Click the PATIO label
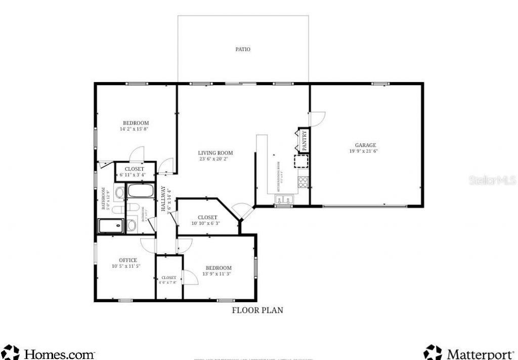point(243,50)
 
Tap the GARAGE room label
point(365,145)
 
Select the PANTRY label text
point(305,141)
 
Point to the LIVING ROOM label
point(215,153)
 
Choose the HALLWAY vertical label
point(163,198)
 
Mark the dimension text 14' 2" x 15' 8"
point(134,129)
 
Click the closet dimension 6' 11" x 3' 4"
point(133,175)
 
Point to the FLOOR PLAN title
point(257,310)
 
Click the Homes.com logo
point(49,352)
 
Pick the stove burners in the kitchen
point(304,181)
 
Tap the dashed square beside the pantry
point(302,162)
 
